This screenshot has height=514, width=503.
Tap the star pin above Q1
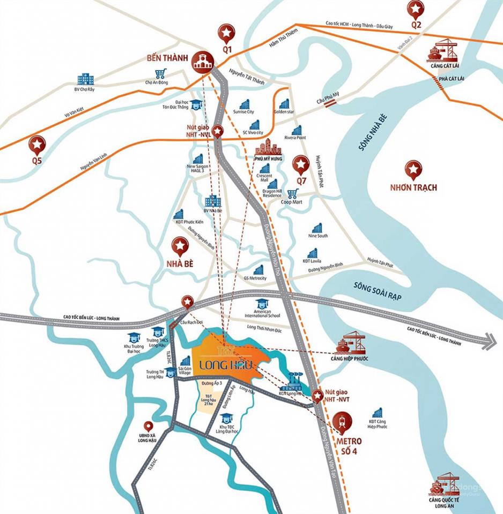(227, 33)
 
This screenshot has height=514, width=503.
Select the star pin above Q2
(415, 9)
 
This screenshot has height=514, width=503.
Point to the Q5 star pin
(37, 144)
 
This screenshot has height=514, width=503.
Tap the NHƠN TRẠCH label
(413, 187)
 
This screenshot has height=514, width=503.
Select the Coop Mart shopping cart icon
(292, 193)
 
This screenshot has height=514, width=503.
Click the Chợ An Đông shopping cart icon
(159, 74)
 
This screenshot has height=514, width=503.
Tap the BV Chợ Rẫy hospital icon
(85, 79)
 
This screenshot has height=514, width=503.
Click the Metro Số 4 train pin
(342, 422)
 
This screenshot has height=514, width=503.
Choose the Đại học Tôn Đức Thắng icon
(197, 103)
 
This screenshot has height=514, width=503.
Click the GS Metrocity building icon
(258, 270)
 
